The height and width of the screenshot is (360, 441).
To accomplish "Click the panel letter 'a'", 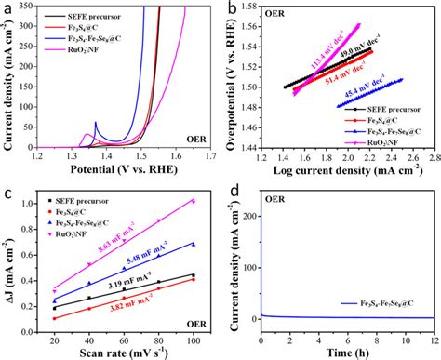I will (x=7, y=9).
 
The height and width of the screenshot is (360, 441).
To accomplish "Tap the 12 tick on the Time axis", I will (x=434, y=336).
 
